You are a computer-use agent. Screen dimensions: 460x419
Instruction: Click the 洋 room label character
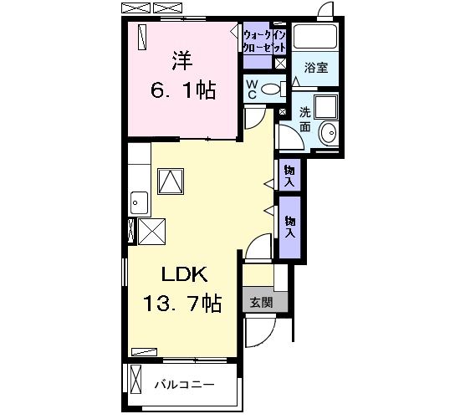coord(181,61)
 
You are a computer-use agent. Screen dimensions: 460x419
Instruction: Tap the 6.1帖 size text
coord(183,89)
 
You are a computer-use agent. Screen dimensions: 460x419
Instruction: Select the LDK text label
coord(185,274)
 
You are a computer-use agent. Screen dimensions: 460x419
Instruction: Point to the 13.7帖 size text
coord(182,303)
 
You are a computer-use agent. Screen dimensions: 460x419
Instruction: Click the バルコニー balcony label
coord(185,385)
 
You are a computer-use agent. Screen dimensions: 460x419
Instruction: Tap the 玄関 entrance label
coord(262,302)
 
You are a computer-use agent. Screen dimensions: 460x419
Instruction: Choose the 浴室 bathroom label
coord(316,68)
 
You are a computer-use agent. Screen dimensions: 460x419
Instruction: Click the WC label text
coord(252,89)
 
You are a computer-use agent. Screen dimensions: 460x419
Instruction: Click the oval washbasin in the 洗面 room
coord(329,133)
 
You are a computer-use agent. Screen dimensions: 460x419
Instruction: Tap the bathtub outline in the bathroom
coord(315,37)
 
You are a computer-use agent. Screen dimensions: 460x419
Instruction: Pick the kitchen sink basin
coord(139,202)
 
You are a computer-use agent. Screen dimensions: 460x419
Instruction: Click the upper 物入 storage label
coord(289,175)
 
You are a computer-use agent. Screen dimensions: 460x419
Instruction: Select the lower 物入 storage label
coord(290,227)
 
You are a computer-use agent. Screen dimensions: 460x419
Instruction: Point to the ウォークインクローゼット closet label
coord(264,41)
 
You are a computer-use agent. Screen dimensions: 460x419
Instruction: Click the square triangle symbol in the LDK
coord(171,181)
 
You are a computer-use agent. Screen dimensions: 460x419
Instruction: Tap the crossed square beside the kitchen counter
coord(151,232)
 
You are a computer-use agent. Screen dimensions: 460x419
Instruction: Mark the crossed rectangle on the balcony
coord(135,381)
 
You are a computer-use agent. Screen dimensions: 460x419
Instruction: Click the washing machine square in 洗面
coord(326,106)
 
